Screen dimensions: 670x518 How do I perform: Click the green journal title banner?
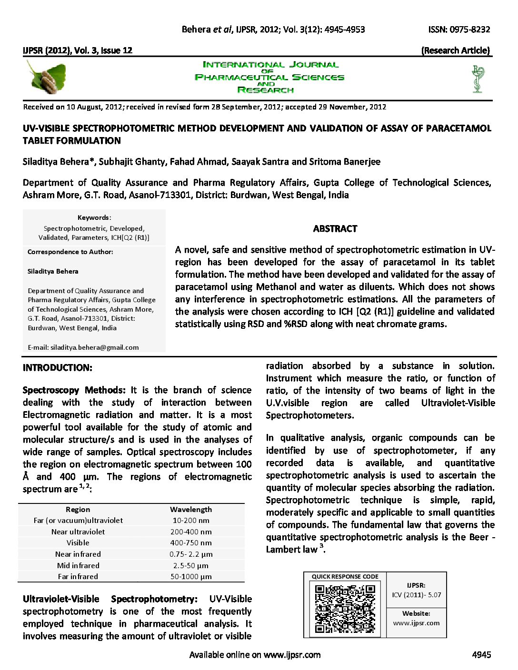pyautogui.click(x=269, y=77)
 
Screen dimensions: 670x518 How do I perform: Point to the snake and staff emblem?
pyautogui.click(x=478, y=79)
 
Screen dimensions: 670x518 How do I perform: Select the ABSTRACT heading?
pyautogui.click(x=335, y=229)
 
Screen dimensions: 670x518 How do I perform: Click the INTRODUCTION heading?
pyautogui.click(x=58, y=368)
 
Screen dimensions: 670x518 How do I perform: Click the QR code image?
pyautogui.click(x=345, y=609)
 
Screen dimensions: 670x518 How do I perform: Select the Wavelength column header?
pyautogui.click(x=191, y=509)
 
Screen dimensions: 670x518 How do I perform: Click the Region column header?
pyautogui.click(x=78, y=509)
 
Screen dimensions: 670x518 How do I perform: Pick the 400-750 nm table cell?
pyautogui.click(x=191, y=543)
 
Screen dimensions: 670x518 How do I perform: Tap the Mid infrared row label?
pyautogui.click(x=78, y=565)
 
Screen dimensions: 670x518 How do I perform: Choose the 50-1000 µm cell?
pyautogui.click(x=191, y=577)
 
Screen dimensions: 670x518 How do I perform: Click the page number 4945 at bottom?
pyautogui.click(x=481, y=655)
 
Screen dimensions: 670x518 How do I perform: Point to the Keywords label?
pyautogui.click(x=94, y=217)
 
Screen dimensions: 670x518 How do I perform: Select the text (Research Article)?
pyautogui.click(x=456, y=50)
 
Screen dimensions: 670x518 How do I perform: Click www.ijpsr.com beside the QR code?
pyautogui.click(x=417, y=623)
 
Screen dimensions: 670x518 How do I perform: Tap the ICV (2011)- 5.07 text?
pyautogui.click(x=417, y=595)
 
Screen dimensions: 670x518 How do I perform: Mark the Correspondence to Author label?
pyautogui.click(x=70, y=252)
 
